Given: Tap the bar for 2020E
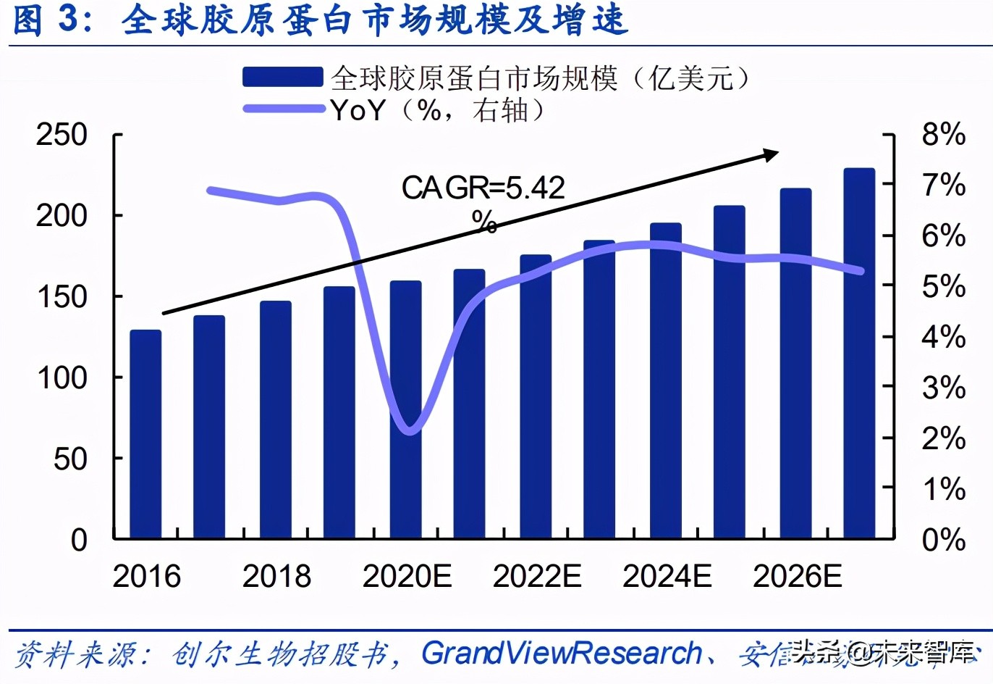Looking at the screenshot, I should click(405, 409).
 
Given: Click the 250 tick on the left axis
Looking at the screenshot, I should click(62, 135).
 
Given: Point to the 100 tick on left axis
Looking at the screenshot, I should click(62, 378).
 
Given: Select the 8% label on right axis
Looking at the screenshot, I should click(943, 135).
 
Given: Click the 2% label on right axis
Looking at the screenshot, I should click(943, 438).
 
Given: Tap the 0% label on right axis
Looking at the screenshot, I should click(943, 540).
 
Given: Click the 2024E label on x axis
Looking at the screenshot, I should click(667, 577).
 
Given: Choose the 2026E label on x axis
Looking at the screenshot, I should click(797, 577).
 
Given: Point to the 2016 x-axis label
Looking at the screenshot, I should click(147, 577).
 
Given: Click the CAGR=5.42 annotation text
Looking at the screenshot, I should click(483, 188).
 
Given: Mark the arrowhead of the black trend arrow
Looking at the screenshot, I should click(773, 154).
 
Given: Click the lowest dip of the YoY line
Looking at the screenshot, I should click(410, 432).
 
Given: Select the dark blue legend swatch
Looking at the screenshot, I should click(282, 77).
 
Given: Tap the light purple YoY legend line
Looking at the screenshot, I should click(282, 109).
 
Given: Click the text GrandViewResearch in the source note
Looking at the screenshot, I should click(562, 654).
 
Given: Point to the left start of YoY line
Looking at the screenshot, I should click(210, 191).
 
